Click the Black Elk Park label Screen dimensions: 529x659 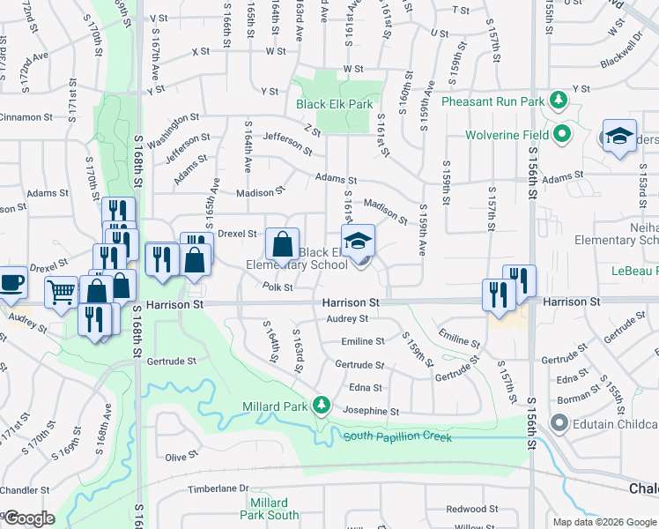[x=335, y=104]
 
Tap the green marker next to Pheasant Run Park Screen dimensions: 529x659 [x=558, y=101]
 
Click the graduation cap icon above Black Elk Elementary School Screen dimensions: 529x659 [x=359, y=241]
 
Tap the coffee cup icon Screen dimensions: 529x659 [x=11, y=283]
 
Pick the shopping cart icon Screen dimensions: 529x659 [x=61, y=290]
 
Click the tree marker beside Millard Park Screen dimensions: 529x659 [x=322, y=406]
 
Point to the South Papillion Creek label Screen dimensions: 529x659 [x=397, y=437]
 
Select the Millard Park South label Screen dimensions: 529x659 [x=270, y=509]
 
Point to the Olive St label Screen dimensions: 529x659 [x=181, y=456]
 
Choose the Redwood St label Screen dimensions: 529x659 [x=471, y=509]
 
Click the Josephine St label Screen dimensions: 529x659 [x=371, y=411]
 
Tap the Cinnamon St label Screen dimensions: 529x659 [x=26, y=117]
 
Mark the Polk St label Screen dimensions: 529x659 [x=277, y=287]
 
